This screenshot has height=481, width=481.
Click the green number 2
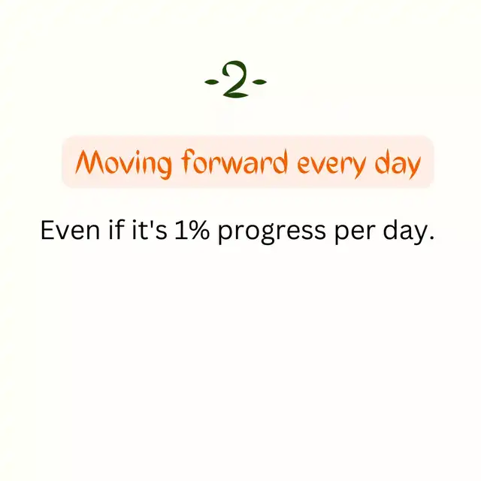235,79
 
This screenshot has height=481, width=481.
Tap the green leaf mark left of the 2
212,82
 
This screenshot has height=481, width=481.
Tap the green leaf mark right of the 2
259,82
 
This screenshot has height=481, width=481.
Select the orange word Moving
123,164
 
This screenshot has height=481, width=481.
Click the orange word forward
234,162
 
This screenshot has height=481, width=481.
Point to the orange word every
332,165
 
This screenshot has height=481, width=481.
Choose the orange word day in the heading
398,164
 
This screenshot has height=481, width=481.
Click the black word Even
70,230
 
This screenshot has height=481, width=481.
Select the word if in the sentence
116,229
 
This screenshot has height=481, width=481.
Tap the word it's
150,229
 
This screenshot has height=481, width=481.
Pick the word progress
272,232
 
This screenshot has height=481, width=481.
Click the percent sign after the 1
198,230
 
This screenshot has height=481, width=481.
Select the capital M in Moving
88,162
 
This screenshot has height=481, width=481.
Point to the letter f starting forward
189,162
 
